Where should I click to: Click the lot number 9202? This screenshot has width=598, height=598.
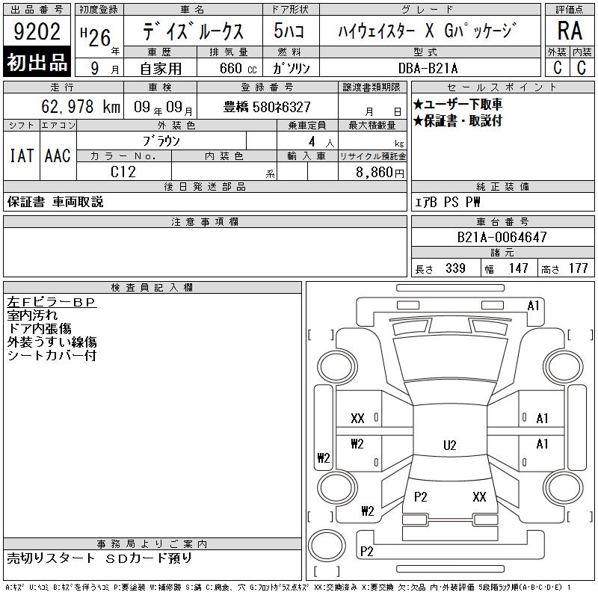[37, 31]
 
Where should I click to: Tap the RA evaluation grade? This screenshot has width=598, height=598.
[570, 31]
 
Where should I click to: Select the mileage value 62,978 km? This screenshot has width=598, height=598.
[81, 106]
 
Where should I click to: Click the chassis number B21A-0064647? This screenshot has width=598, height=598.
[502, 237]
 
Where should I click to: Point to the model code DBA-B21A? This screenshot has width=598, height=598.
[428, 68]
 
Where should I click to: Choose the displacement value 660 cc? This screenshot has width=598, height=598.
[238, 68]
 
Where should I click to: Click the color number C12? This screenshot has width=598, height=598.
[123, 172]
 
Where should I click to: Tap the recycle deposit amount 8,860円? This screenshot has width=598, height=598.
[380, 173]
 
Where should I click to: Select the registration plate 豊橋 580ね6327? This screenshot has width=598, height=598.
[267, 107]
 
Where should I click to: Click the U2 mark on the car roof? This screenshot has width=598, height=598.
[450, 445]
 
